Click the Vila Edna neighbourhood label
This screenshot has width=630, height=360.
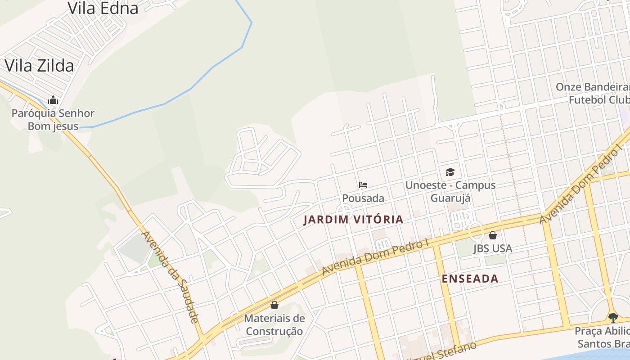103,8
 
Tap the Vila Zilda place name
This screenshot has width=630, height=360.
39,66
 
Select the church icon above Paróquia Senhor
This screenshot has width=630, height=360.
53,100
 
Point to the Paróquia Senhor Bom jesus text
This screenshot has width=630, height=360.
53,120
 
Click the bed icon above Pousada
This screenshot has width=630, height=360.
363,185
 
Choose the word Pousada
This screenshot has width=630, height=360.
363,198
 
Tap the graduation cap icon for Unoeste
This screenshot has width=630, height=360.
450,172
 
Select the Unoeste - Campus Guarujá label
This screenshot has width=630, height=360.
450,192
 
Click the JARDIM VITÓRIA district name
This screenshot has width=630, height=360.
353,220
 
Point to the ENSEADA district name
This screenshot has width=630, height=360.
470,279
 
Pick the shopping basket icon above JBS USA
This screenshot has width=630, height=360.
493,235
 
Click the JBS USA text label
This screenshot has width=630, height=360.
493,248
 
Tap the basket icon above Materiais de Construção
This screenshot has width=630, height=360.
274,305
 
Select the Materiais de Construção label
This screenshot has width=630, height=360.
274,325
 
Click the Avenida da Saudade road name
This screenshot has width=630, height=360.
170,277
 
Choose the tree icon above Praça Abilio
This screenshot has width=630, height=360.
613,318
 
